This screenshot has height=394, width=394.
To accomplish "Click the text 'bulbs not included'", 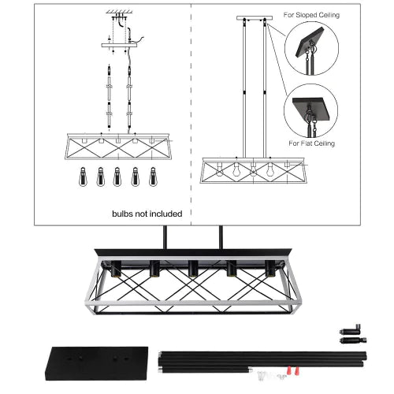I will [x=147, y=213].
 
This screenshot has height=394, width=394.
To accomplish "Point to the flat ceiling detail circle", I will [x=311, y=110].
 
